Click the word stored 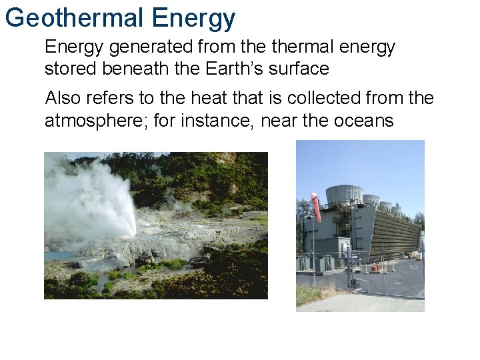tap(69, 69)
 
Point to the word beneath tap(137, 69)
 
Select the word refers tap(111, 99)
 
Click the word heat tap(209, 99)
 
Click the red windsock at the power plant tap(316, 207)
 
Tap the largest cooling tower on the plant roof tap(344, 195)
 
